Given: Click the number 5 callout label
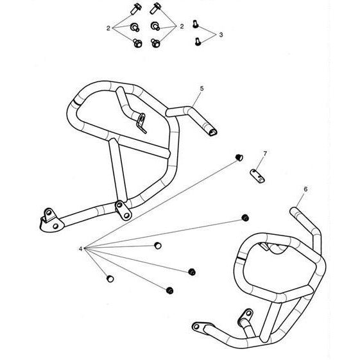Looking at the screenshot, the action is pyautogui.click(x=201, y=89).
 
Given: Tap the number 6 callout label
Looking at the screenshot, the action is pyautogui.click(x=305, y=189).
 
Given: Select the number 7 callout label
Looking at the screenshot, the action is pyautogui.click(x=265, y=153).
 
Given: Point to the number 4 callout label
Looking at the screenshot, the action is pyautogui.click(x=80, y=248).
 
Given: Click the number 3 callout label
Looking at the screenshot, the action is pyautogui.click(x=221, y=35).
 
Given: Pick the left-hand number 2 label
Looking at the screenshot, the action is pyautogui.click(x=108, y=28).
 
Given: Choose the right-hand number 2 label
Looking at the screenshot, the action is pyautogui.click(x=182, y=27).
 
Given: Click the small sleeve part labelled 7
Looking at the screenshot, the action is pyautogui.click(x=257, y=176).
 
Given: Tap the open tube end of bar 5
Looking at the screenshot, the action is pyautogui.click(x=212, y=132).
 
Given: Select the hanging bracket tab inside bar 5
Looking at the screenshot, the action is pyautogui.click(x=141, y=123).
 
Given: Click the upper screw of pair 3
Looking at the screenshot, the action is pyautogui.click(x=195, y=24).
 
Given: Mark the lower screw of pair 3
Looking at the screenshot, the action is pyautogui.click(x=198, y=42).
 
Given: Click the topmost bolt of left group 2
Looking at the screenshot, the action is pyautogui.click(x=136, y=8).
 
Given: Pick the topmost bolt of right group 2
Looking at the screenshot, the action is pyautogui.click(x=156, y=8).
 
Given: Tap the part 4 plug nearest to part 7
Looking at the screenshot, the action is pyautogui.click(x=239, y=157).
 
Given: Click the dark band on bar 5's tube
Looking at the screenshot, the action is pyautogui.click(x=77, y=103).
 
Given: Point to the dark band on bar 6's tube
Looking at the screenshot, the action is pyautogui.click(x=241, y=259).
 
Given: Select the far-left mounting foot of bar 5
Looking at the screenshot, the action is pyautogui.click(x=51, y=221).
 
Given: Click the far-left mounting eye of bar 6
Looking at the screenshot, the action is pyautogui.click(x=196, y=326).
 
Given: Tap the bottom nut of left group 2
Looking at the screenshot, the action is pyautogui.click(x=137, y=43).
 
